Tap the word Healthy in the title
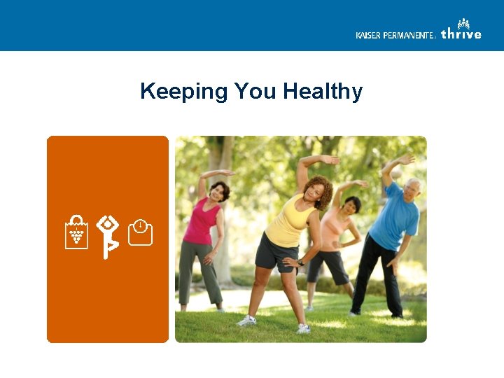[x=323, y=92]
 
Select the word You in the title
[x=257, y=92]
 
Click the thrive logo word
[x=461, y=34]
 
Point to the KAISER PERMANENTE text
[x=395, y=35]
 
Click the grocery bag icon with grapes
[x=76, y=232]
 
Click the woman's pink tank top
[x=201, y=222]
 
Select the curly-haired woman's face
[x=316, y=191]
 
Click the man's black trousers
[x=378, y=276]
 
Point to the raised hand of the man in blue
[x=406, y=159]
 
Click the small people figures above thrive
[x=464, y=23]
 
